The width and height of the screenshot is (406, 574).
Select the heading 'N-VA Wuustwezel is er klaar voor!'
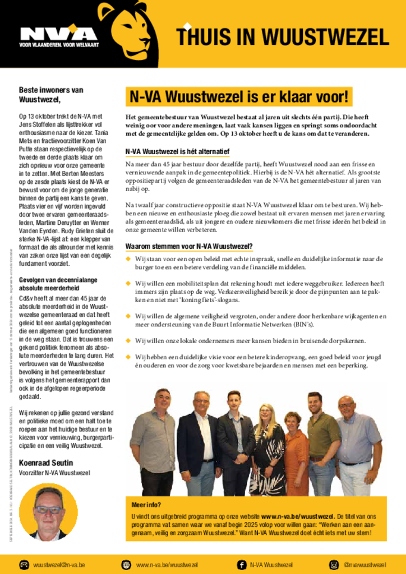click(239, 96)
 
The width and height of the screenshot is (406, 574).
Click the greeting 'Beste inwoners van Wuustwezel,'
click(51, 94)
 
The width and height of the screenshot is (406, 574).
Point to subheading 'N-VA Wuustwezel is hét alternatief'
click(177, 151)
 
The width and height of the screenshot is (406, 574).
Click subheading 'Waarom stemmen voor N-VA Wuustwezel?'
click(189, 246)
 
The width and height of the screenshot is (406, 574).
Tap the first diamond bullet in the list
click(128, 258)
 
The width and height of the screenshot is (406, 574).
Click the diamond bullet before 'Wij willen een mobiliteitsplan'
click(128, 283)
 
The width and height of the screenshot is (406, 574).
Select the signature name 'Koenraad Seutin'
click(46, 463)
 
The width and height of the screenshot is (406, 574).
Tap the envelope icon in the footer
click(24, 564)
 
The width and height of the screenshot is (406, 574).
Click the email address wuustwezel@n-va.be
click(59, 564)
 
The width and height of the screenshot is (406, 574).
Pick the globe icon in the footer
click(126, 564)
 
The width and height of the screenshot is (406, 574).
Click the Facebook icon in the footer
click(242, 564)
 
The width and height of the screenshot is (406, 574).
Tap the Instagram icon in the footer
click(334, 564)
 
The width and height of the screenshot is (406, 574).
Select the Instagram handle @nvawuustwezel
click(365, 564)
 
